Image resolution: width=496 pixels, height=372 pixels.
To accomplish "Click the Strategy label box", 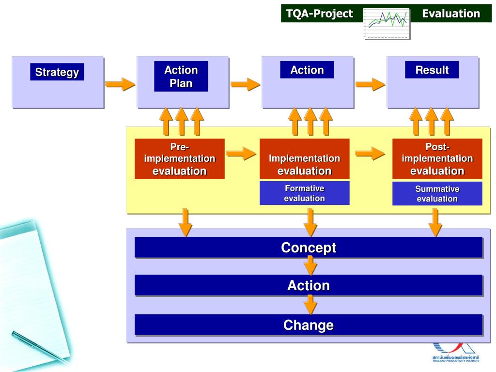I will pyautogui.click(x=57, y=72).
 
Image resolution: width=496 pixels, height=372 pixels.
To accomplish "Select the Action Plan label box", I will pyautogui.click(x=181, y=77).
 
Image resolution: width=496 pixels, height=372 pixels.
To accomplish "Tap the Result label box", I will pyautogui.click(x=432, y=70).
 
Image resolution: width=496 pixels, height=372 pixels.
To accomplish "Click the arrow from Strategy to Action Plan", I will pyautogui.click(x=120, y=84).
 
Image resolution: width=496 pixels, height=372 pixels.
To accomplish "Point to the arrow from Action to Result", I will pyautogui.click(x=371, y=84).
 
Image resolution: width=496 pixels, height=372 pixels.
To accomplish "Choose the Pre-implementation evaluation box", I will pyautogui.click(x=179, y=159).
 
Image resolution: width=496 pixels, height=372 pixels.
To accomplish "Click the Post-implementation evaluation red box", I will pyautogui.click(x=437, y=159).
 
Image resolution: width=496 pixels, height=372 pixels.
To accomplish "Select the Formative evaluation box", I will pyautogui.click(x=304, y=193).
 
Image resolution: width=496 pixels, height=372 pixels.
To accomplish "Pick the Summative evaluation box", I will pyautogui.click(x=437, y=194).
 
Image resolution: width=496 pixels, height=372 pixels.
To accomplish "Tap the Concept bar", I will pyautogui.click(x=309, y=248).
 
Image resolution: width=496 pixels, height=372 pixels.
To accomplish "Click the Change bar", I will pyautogui.click(x=309, y=325).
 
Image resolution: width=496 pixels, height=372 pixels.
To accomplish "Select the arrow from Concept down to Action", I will pyautogui.click(x=310, y=266).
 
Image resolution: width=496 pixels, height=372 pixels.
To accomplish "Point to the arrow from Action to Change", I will pyautogui.click(x=310, y=305).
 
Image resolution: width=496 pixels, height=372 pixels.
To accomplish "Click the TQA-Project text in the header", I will pyautogui.click(x=320, y=14).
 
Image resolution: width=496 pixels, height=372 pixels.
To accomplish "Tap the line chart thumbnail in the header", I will pyautogui.click(x=387, y=23).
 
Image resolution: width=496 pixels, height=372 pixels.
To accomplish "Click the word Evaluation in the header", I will pyautogui.click(x=450, y=14).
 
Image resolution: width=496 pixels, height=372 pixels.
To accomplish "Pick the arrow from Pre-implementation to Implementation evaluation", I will pyautogui.click(x=241, y=154).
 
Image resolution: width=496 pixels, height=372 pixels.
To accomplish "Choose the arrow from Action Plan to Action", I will pyautogui.click(x=245, y=84).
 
